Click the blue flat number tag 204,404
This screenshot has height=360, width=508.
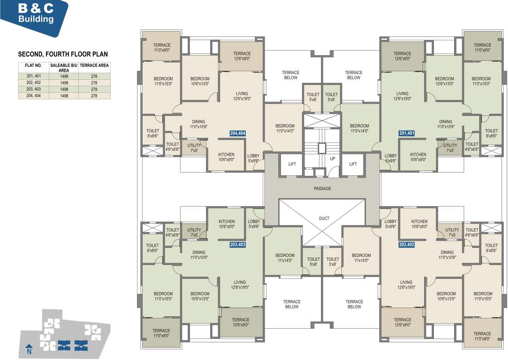(x=237, y=133)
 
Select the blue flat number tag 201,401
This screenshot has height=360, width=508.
(x=406, y=133)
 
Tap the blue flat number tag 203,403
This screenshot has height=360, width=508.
(x=237, y=244)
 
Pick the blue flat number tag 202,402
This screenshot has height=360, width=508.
(x=406, y=244)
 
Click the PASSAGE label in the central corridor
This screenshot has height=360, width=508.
(x=322, y=188)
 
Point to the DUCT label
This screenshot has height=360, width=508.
(x=324, y=218)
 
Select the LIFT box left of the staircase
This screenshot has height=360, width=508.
(x=291, y=164)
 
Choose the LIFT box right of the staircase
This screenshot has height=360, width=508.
(x=353, y=164)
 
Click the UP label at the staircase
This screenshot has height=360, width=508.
(x=333, y=159)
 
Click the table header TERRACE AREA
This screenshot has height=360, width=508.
(x=94, y=66)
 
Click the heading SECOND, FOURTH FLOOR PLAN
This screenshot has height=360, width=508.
(x=63, y=54)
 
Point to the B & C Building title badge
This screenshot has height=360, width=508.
(x=35, y=14)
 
